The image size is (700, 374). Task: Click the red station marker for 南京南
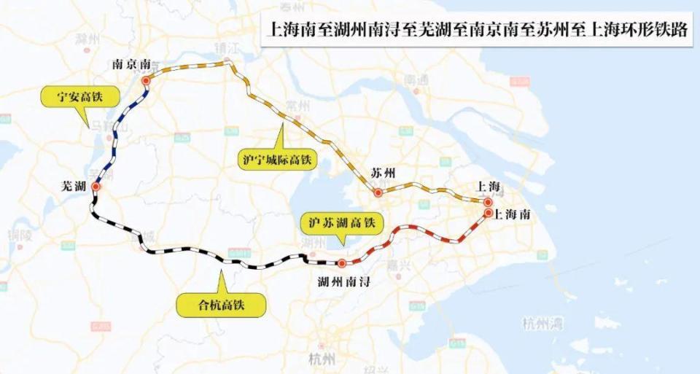click(146, 80)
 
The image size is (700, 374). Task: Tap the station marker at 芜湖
click(95, 187)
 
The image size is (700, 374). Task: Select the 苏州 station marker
click(378, 193)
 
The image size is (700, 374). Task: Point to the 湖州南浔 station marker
click(341, 263)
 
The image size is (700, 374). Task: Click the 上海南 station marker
click(488, 213)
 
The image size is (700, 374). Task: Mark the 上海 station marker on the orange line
click(488, 201)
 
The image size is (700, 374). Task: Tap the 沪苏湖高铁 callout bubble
click(341, 222)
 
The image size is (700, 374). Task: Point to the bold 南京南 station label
click(133, 64)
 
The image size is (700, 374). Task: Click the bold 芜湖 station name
click(74, 187)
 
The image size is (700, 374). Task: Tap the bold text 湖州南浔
click(344, 281)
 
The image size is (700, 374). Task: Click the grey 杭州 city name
click(322, 359)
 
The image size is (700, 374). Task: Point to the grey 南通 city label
click(416, 78)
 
